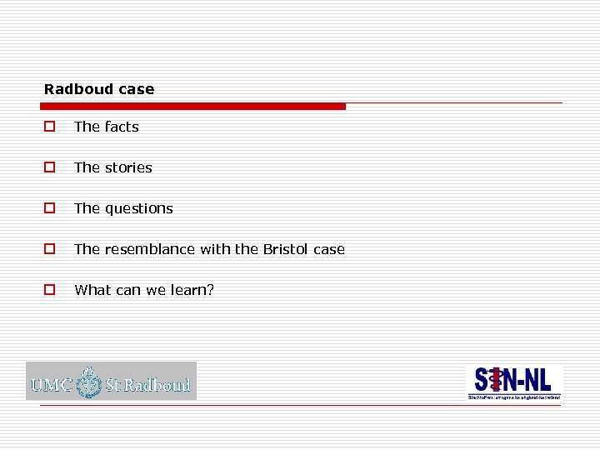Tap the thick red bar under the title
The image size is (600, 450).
pyautogui.click(x=193, y=107)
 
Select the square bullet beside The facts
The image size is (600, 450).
pyautogui.click(x=50, y=127)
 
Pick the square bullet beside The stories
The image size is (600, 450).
pyautogui.click(x=50, y=167)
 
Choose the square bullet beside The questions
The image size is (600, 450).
pyautogui.click(x=50, y=208)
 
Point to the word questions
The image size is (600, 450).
pyautogui.click(x=139, y=208)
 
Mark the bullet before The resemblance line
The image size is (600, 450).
pyautogui.click(x=50, y=249)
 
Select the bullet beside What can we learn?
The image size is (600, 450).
pyautogui.click(x=50, y=290)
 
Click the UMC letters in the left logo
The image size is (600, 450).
pyautogui.click(x=52, y=385)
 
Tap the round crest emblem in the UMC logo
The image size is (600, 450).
pyautogui.click(x=88, y=382)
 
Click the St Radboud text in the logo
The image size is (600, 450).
pyautogui.click(x=147, y=385)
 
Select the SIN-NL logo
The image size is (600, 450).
pyautogui.click(x=513, y=380)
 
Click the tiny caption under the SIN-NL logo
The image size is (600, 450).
pyautogui.click(x=513, y=397)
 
